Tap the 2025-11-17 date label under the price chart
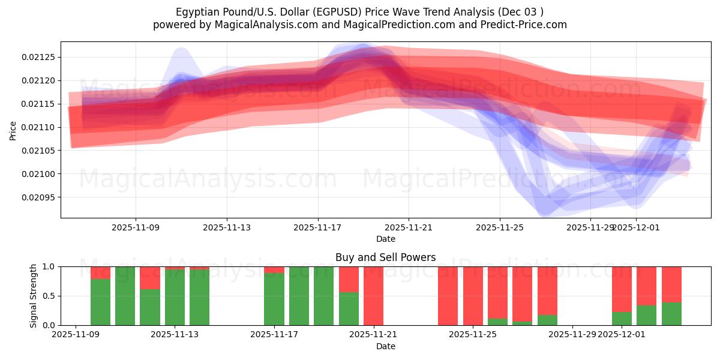coord(317,227)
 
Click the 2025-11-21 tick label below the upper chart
coord(409,227)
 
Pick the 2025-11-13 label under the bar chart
coord(175,335)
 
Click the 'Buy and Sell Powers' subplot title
coord(385,257)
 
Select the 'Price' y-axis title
coord(13,130)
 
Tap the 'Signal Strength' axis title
coord(34,296)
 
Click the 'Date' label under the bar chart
coord(385,346)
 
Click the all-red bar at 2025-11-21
coord(373,296)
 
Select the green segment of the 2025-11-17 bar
coord(274,299)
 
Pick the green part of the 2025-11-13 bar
coord(175,298)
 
